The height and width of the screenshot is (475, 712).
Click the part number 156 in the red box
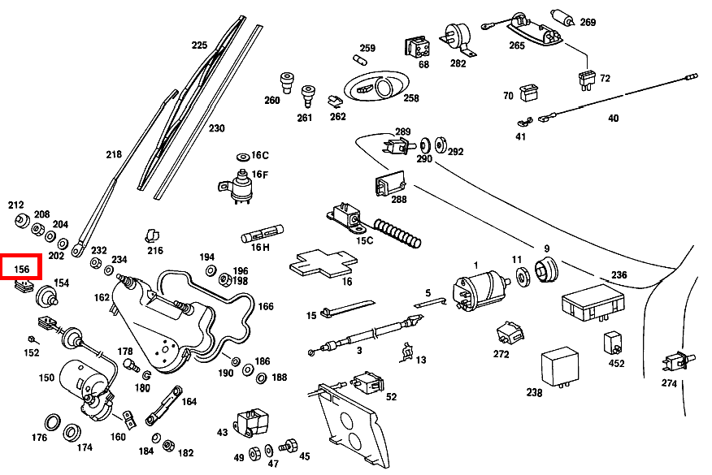click(x=23, y=269)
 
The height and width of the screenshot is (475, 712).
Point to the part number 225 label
click(x=199, y=45)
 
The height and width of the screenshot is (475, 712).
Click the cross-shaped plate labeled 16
click(x=323, y=262)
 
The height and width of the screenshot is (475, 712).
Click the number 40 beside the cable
click(x=613, y=119)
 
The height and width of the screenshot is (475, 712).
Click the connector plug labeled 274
click(x=675, y=359)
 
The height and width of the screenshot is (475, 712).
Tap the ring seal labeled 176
click(x=52, y=422)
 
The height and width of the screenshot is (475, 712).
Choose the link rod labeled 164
click(x=162, y=406)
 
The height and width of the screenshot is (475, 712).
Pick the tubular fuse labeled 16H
click(x=263, y=238)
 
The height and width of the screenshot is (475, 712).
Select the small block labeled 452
click(x=612, y=342)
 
